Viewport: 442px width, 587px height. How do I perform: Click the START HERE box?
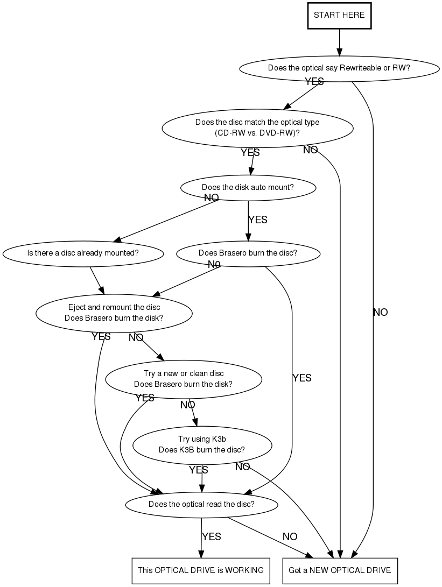coord(339,15)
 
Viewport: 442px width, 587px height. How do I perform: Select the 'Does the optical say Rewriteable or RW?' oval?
coord(339,68)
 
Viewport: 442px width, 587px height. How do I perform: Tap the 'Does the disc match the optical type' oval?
coord(257,128)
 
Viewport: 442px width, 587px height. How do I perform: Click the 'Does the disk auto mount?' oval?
coord(248,187)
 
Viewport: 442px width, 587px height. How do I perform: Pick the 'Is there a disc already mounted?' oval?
coord(83,252)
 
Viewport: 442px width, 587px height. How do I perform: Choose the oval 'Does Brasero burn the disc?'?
coord(248,252)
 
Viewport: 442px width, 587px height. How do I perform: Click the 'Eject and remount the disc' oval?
coord(114,313)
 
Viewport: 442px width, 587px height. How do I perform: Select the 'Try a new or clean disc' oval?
coord(183,379)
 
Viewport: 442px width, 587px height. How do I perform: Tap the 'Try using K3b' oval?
coord(202,444)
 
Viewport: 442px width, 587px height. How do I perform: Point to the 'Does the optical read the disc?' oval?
coord(201,504)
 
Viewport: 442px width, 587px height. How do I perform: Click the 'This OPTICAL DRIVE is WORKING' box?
coord(201,570)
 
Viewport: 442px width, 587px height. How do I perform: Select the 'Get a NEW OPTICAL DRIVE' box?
coord(340,570)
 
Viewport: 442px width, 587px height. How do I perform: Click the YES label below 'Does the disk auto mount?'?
coord(257,220)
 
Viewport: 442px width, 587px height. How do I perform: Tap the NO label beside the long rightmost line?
coord(380,312)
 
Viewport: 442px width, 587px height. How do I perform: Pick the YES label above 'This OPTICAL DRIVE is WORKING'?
coord(211,536)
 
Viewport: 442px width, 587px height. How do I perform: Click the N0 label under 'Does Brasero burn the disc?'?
coord(214,264)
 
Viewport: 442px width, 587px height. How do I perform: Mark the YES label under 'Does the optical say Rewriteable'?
coord(314,81)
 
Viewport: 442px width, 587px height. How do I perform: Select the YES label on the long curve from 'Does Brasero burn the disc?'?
coord(301,378)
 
